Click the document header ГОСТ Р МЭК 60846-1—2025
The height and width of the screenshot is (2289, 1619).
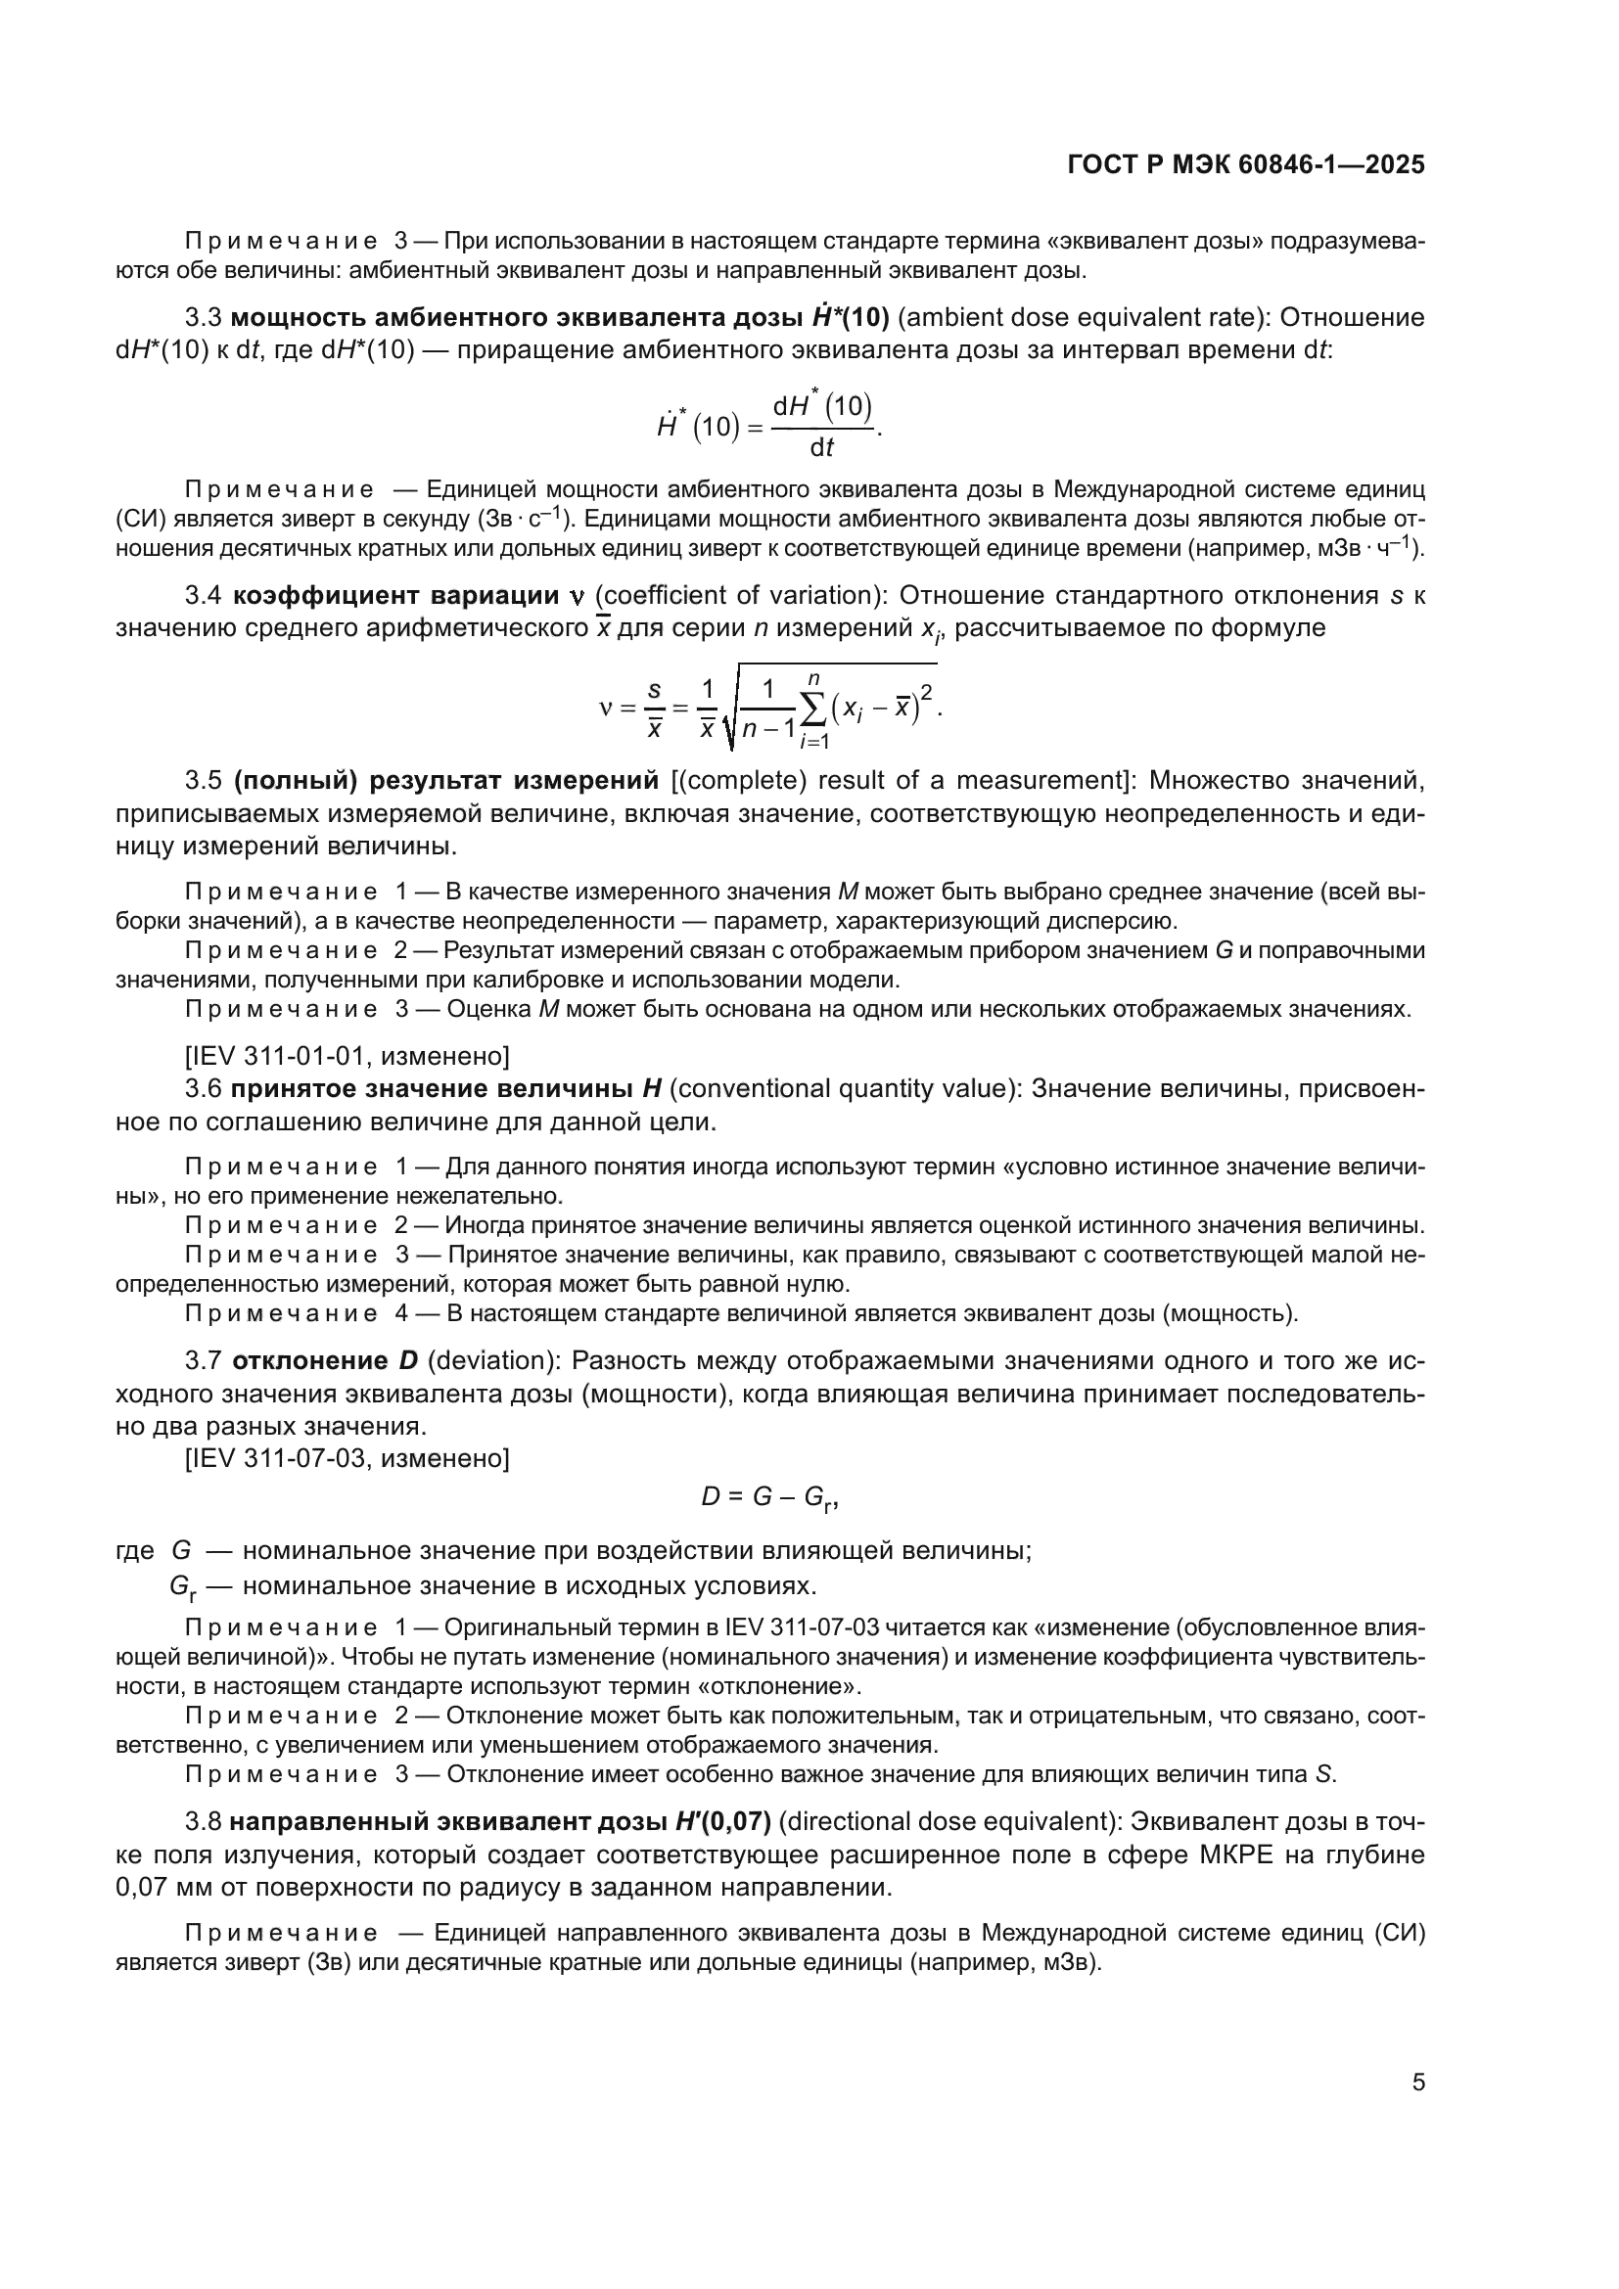click(x=1245, y=164)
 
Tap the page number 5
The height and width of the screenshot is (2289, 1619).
click(x=1417, y=2083)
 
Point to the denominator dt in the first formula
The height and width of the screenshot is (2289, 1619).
click(x=821, y=447)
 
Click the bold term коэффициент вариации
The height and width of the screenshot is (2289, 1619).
click(x=394, y=596)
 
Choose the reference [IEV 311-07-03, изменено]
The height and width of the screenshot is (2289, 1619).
click(x=347, y=1458)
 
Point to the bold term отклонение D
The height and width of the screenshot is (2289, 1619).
click(x=325, y=1361)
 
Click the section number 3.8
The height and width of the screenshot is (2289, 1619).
click(x=204, y=1821)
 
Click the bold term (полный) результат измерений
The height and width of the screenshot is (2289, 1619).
click(x=446, y=780)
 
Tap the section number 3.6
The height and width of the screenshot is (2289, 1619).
click(x=204, y=1088)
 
